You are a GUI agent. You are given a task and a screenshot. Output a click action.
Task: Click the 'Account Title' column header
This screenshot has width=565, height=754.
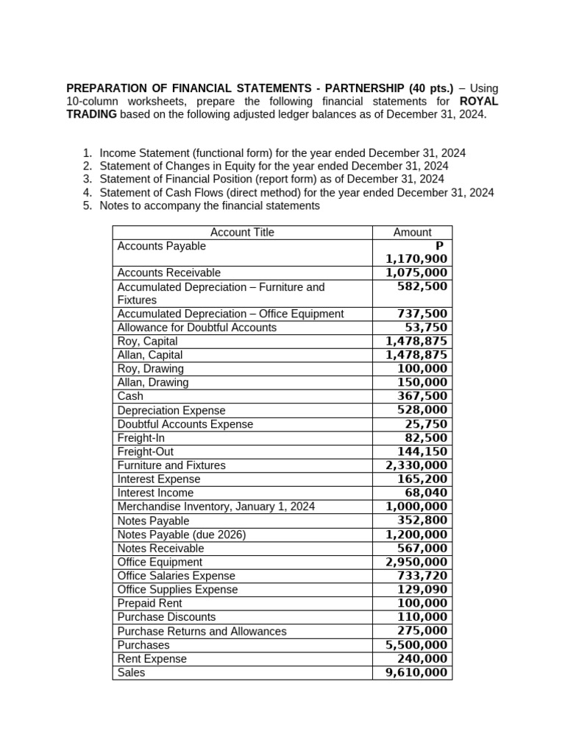click(242, 233)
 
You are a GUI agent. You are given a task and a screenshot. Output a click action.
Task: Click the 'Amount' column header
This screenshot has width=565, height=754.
click(412, 233)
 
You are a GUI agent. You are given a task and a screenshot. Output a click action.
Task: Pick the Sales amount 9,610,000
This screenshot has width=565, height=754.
click(416, 672)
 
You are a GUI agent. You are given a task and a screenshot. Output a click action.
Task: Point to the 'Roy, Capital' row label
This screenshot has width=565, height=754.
click(148, 342)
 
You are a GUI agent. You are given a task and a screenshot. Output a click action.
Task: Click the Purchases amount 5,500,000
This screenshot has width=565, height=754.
click(416, 645)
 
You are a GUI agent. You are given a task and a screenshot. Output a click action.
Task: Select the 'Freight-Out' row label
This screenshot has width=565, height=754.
click(146, 451)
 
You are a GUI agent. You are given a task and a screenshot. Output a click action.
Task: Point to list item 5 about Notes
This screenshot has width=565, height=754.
click(210, 206)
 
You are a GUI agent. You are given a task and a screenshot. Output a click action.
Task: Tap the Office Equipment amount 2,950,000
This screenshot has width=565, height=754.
click(416, 562)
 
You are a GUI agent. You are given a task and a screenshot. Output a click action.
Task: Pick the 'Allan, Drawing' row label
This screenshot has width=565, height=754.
click(153, 382)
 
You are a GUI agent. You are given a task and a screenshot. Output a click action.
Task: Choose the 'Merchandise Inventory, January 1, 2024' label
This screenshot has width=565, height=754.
click(216, 507)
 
